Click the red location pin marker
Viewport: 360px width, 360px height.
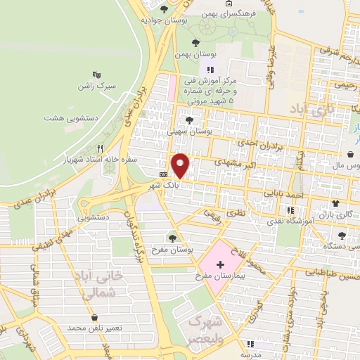(x=181, y=165)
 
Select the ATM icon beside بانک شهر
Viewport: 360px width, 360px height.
(x=164, y=174)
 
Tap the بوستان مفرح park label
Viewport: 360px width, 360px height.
(x=173, y=249)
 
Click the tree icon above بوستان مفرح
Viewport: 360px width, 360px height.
(x=173, y=236)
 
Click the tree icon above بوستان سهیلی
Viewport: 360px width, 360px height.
(x=188, y=120)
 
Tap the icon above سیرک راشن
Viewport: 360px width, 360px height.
(x=96, y=73)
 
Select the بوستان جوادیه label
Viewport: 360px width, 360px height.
(x=163, y=20)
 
